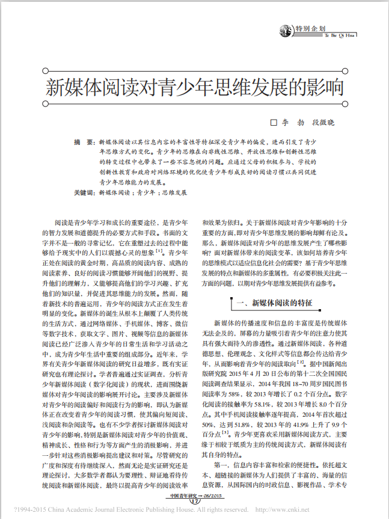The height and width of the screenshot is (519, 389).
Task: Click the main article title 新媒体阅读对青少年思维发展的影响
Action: (x=195, y=88)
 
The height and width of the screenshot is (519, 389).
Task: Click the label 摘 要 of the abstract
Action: (x=84, y=142)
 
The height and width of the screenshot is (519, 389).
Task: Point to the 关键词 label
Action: (x=84, y=193)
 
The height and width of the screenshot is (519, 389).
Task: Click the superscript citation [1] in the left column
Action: (x=159, y=250)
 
